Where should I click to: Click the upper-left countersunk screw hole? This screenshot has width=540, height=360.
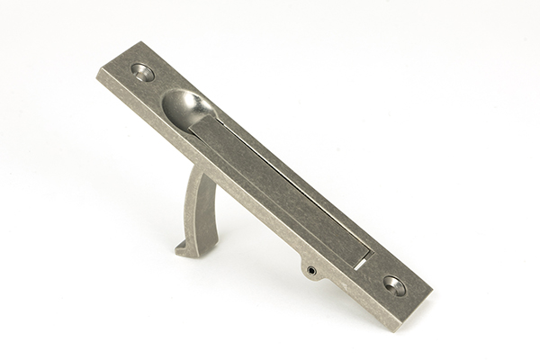[143, 71]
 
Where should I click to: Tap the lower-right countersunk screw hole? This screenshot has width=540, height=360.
[393, 285]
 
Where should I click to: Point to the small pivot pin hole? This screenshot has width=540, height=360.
[311, 270]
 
